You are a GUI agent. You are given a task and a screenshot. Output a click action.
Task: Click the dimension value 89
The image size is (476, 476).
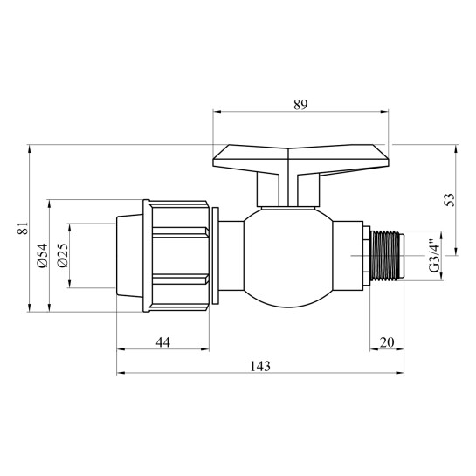click(x=300, y=104)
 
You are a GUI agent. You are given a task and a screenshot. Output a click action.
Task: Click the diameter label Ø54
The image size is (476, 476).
click(x=41, y=255)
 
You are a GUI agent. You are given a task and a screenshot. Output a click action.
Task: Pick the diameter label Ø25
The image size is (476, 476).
click(x=62, y=255)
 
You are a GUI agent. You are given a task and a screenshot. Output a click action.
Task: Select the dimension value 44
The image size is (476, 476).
click(x=162, y=342)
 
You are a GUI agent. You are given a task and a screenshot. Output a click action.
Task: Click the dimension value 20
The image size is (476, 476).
click(x=387, y=342)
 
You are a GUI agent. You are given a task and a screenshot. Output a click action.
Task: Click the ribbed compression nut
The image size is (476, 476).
click(x=177, y=255)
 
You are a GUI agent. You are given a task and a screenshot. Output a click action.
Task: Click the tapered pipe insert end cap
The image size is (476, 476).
click(x=131, y=255)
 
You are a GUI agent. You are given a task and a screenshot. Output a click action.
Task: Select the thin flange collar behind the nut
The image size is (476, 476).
click(x=212, y=255)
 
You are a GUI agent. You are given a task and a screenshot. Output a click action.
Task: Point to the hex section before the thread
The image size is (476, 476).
click(x=354, y=255)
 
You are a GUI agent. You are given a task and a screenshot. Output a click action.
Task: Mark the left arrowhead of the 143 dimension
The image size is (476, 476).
click(x=121, y=374)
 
